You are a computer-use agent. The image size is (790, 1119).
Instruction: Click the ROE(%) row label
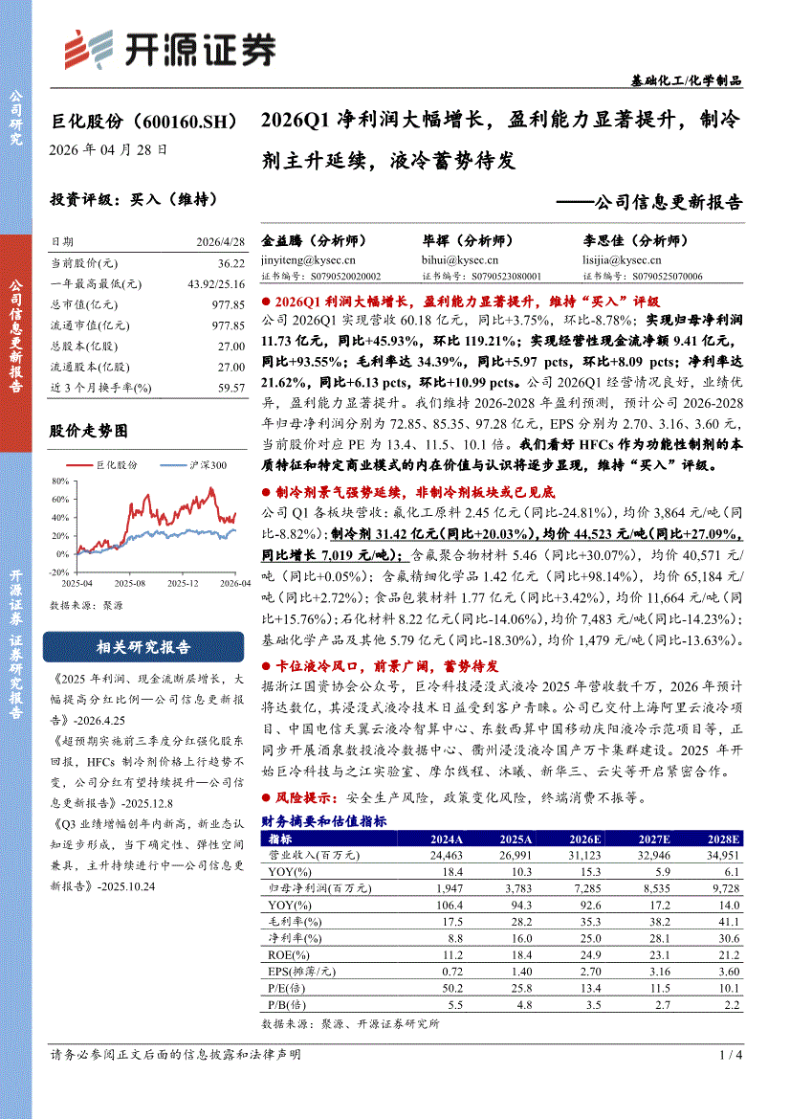click(284, 954)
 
